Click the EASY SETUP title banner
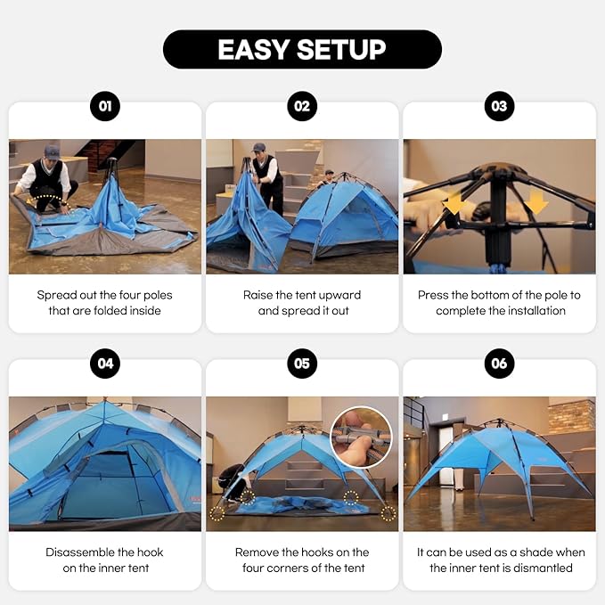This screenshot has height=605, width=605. click(302, 49)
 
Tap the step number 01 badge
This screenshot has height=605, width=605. click(105, 107)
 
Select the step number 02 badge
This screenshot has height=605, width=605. click(302, 107)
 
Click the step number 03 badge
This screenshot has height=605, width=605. click(499, 107)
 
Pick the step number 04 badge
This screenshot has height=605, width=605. click(105, 364)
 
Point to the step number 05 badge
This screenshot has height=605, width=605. click(302, 364)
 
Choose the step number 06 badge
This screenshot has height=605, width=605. click(499, 364)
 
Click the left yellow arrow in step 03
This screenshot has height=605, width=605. click(455, 205)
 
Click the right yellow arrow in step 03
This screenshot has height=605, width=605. click(536, 205)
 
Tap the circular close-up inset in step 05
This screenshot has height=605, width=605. click(362, 437)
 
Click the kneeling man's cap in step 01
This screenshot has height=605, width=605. click(52, 151)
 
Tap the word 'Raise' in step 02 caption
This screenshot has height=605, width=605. click(258, 295)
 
